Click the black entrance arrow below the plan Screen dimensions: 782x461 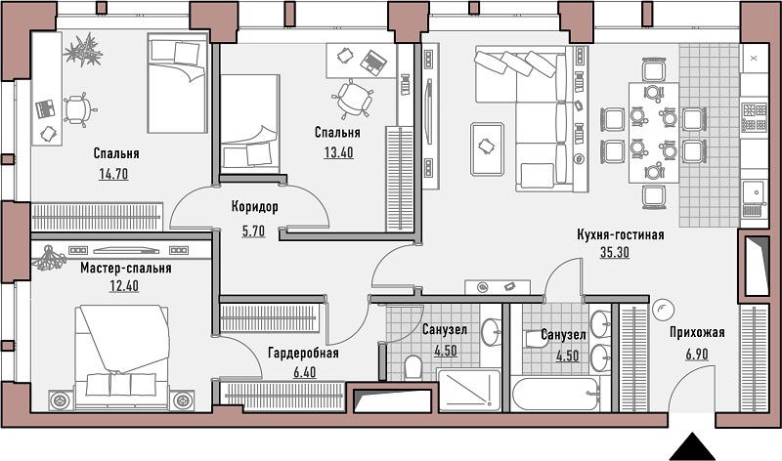[691, 446]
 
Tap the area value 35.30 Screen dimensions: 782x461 [615, 253]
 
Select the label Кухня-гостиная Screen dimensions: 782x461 [621, 234]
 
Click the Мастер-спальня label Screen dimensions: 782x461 [126, 269]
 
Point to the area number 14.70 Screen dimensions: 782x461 [113, 174]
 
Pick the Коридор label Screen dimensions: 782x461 [255, 207]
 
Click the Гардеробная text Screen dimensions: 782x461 [303, 354]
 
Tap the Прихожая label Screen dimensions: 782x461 [697, 332]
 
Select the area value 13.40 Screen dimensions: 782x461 [338, 152]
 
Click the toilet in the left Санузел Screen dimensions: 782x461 [413, 367]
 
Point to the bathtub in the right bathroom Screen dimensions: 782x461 [555, 395]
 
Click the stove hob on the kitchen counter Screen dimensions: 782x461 [754, 116]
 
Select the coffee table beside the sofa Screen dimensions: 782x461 [487, 149]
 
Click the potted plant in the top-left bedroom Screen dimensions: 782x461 [84, 50]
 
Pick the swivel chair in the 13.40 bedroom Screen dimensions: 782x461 [354, 99]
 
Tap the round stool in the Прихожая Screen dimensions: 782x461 [664, 310]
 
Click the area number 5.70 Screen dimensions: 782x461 [253, 231]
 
